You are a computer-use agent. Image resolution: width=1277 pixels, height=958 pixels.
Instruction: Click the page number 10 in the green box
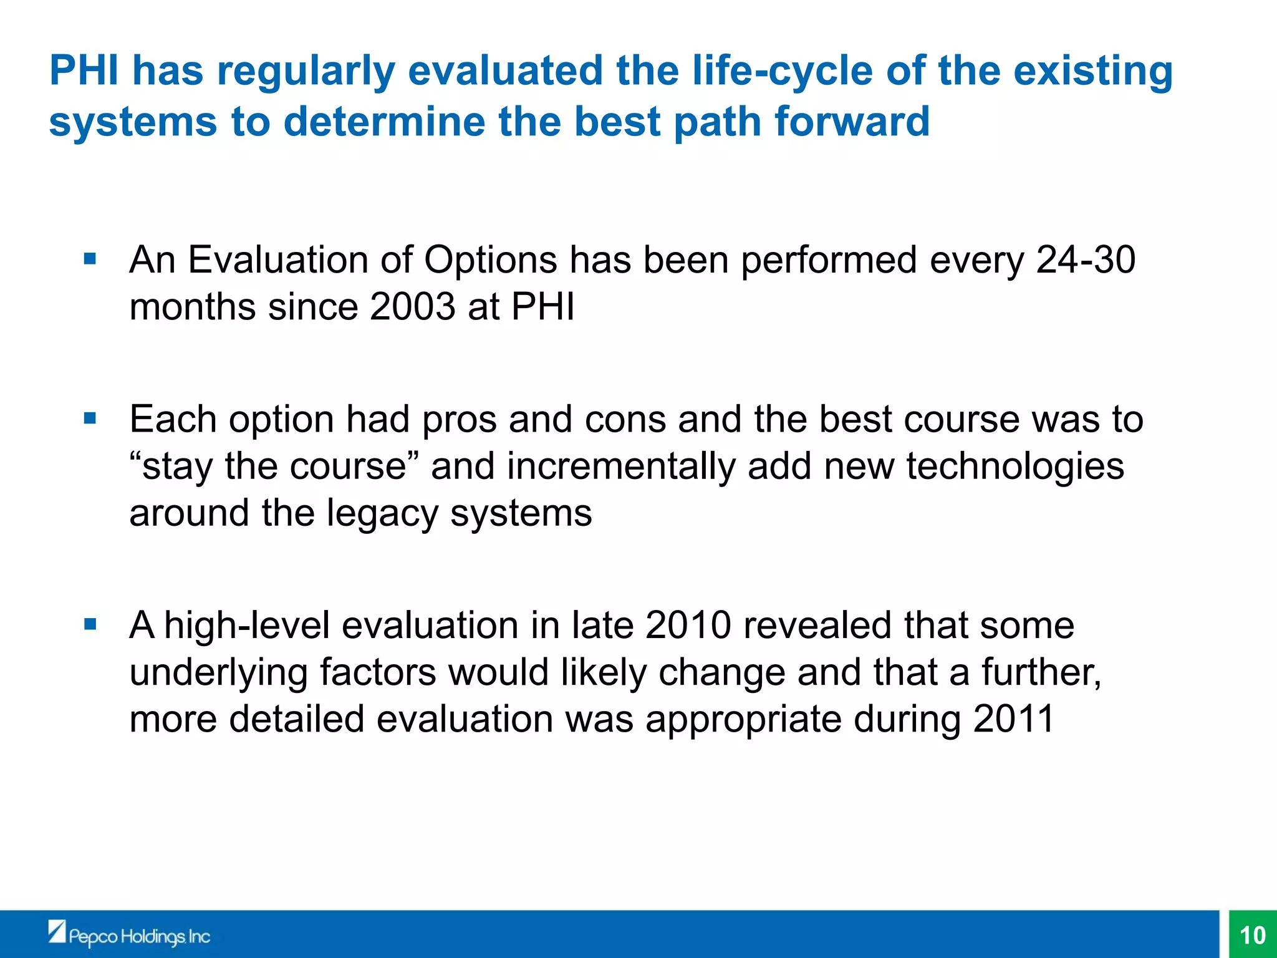1252,935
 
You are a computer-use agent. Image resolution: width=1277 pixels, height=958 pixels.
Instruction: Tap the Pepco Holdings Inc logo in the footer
129,935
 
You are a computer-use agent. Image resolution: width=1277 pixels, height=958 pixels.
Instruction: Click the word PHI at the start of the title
84,70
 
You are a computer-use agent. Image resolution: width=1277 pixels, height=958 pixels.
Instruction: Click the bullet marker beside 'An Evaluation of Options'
90,258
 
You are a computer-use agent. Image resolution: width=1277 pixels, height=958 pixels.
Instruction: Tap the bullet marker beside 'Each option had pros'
90,418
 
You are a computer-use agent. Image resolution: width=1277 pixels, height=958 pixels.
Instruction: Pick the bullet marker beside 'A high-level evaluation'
90,624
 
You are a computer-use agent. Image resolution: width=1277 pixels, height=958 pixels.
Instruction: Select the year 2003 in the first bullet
412,307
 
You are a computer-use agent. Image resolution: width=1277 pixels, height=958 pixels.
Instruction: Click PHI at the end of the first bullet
542,307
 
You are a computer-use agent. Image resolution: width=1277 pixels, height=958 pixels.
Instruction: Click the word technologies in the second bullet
1014,467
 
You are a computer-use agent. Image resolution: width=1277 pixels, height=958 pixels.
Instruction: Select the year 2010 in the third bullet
688,625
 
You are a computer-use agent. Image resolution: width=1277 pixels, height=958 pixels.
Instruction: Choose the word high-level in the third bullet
247,625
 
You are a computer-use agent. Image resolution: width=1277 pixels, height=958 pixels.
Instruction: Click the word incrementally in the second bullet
621,467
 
